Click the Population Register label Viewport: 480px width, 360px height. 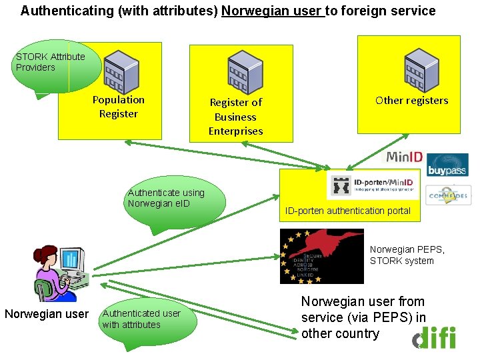pos(119,107)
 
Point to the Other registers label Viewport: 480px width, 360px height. pos(411,101)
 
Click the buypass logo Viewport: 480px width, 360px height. pos(447,165)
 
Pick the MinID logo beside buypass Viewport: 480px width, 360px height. pos(404,158)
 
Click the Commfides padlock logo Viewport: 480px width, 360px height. pos(448,195)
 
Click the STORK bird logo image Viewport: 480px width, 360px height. pos(322,256)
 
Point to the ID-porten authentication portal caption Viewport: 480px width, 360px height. pos(347,211)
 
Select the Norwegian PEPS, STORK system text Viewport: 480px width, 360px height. pos(407,255)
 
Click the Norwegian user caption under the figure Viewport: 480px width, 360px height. pos(47,314)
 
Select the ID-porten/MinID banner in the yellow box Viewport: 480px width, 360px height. pos(374,185)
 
